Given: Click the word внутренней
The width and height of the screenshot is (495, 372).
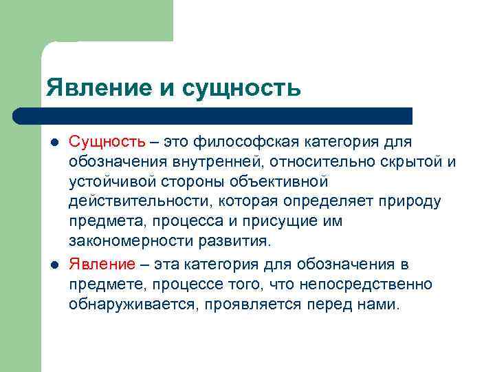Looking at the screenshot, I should click(x=214, y=163).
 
